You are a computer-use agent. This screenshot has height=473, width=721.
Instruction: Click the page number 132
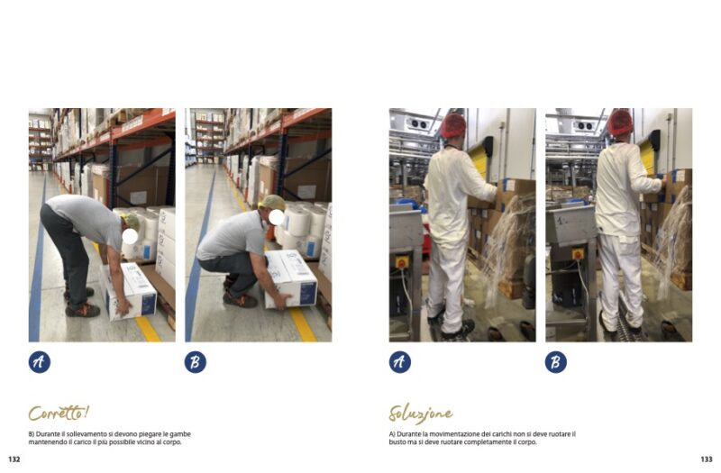coord(14,459)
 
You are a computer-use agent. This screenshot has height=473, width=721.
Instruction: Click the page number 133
coord(707,459)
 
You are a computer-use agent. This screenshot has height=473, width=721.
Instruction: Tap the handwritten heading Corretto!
coord(59,413)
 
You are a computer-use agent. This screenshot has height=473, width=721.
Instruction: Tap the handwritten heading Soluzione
coord(420,414)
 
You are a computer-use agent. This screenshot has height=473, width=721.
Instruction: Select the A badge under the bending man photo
coord(40,362)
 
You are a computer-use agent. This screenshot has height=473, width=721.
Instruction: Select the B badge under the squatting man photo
coord(196,362)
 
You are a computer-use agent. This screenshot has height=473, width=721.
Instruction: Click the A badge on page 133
coord(400,362)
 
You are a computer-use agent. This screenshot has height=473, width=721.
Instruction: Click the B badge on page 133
coord(556,362)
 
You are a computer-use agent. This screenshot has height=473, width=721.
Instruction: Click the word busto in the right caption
coord(397,442)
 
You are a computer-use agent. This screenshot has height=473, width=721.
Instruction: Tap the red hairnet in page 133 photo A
coord(453,124)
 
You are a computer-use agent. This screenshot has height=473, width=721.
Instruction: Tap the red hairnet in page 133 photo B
coord(620,123)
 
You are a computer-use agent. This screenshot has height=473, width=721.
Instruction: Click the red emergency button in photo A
coord(401,262)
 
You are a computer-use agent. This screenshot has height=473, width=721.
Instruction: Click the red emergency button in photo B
coord(578,253)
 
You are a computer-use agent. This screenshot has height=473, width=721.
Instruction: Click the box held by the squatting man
coord(290,279)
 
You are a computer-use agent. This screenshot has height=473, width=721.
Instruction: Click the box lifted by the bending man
coord(130,291)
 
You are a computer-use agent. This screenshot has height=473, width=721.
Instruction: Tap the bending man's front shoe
coord(83,309)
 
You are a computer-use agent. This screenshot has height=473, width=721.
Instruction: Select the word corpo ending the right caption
coord(528,442)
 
